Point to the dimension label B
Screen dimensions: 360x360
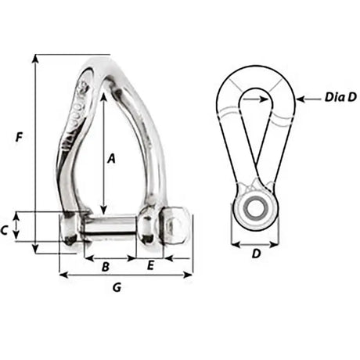pos(106,266)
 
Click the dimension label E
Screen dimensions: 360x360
pos(151,266)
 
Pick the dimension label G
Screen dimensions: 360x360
pos(116,287)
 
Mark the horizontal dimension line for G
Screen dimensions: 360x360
pos(125,275)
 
